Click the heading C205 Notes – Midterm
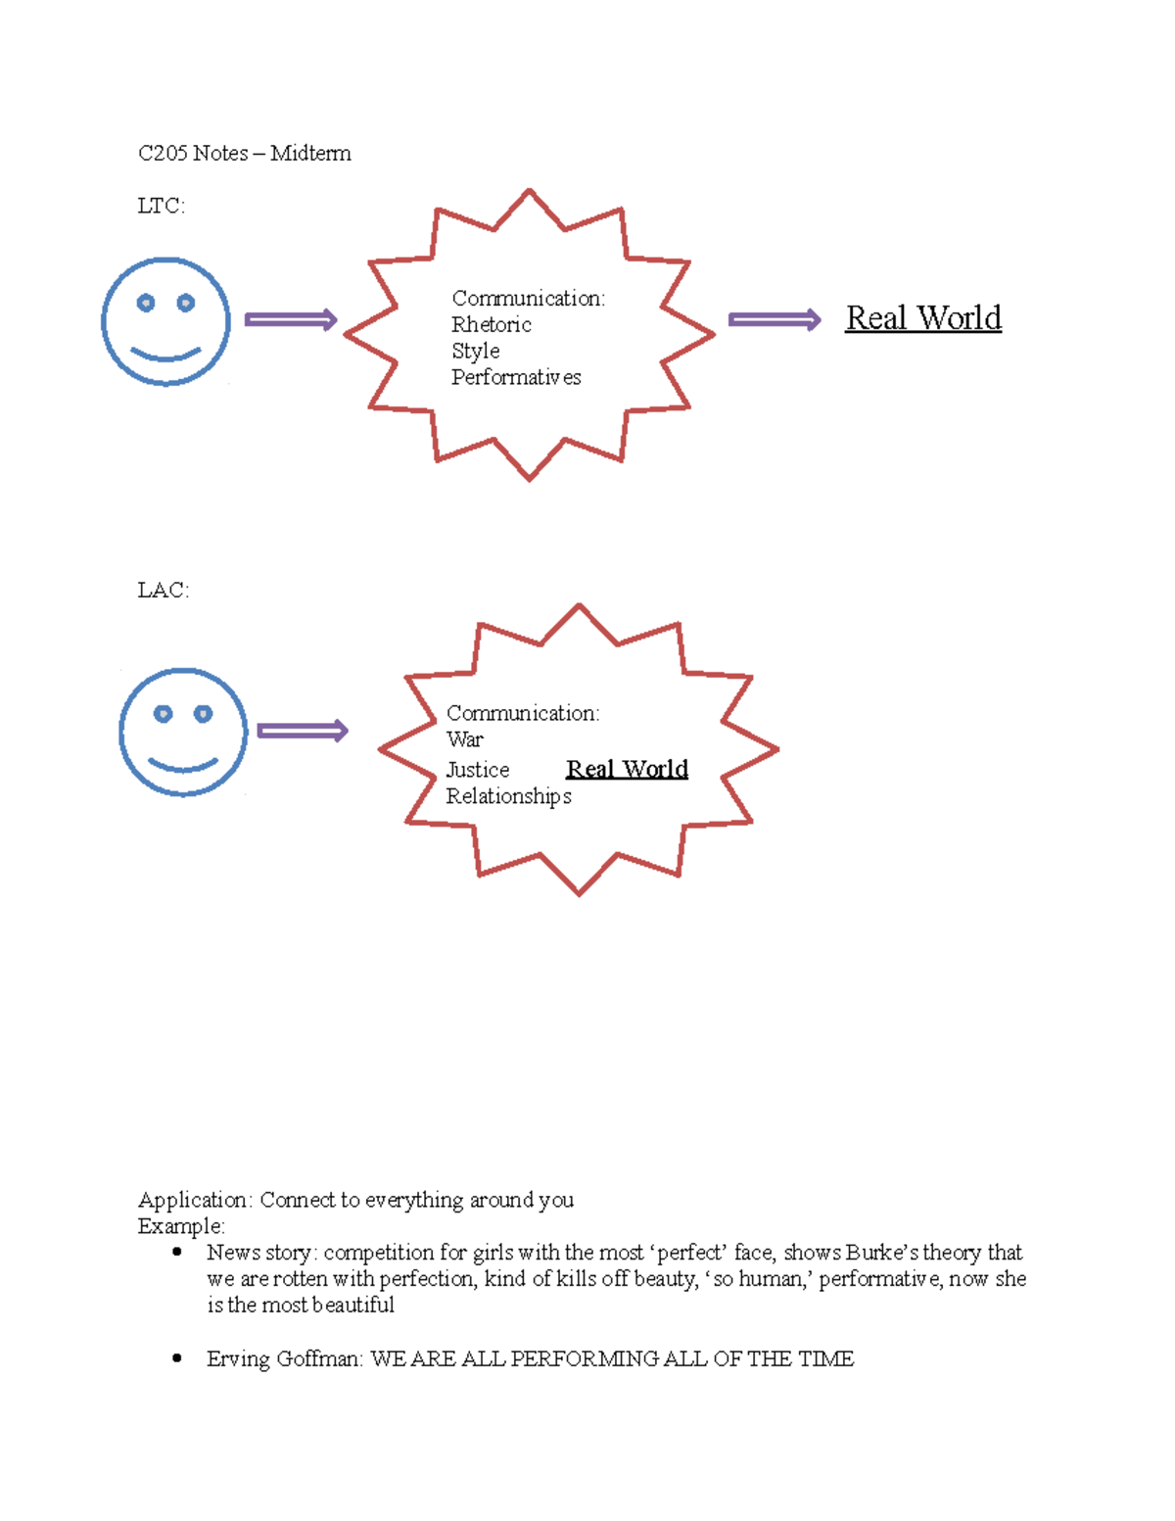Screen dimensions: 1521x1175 (x=244, y=154)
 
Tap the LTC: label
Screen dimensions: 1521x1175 (x=161, y=206)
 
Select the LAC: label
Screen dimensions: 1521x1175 (x=163, y=590)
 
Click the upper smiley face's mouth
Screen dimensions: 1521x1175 (x=165, y=354)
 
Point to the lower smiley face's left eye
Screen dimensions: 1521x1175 (x=164, y=714)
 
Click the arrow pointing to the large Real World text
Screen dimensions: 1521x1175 (x=774, y=320)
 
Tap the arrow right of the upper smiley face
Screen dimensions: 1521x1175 (x=290, y=320)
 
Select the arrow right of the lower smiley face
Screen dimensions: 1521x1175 (x=302, y=732)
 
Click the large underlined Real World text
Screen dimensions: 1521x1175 (x=923, y=318)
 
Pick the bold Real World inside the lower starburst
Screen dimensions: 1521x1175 (x=627, y=770)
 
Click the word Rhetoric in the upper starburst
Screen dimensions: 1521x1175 (x=491, y=325)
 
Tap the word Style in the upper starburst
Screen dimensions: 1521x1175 (x=475, y=352)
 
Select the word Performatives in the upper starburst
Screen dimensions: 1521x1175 (x=516, y=378)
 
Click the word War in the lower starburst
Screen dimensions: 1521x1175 (x=464, y=739)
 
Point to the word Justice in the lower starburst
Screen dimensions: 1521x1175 (x=477, y=771)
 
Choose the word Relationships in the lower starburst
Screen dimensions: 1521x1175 (x=508, y=797)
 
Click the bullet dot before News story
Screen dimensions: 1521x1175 (x=177, y=1252)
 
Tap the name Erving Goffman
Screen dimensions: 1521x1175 (x=284, y=1359)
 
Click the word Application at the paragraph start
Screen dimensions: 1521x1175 (x=194, y=1201)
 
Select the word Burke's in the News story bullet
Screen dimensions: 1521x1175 (x=881, y=1253)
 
